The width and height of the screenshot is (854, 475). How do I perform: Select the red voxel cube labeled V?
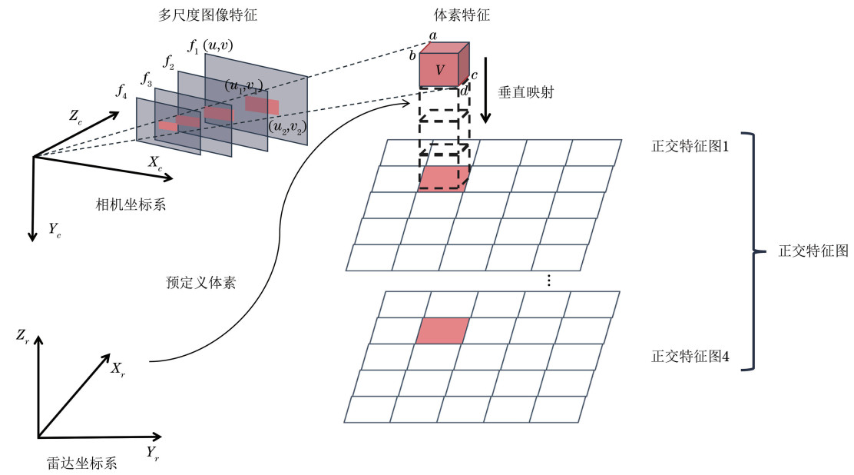(440, 70)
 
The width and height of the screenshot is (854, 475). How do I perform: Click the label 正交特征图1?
(690, 146)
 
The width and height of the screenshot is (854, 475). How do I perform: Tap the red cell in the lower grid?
(442, 331)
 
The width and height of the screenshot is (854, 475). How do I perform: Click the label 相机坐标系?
(131, 204)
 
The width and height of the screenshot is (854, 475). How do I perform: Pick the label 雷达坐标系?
(81, 463)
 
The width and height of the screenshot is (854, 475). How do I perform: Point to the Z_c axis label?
(76, 117)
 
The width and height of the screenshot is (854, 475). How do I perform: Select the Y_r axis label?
(154, 452)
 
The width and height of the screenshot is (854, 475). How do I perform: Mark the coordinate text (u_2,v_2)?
(286, 125)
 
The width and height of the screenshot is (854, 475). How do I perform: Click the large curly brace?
(754, 251)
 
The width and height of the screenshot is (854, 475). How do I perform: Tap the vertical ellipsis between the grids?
(548, 281)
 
